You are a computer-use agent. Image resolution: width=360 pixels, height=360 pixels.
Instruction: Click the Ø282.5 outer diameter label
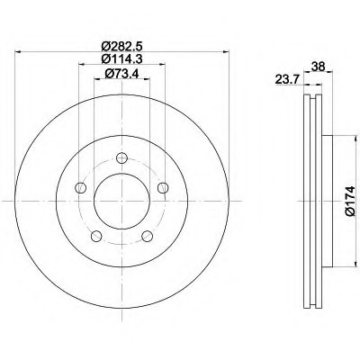pos(121,47)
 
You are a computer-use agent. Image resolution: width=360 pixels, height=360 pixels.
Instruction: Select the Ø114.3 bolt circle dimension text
pos(121,58)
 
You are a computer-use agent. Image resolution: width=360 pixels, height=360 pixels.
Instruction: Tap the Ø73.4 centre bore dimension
pos(121,74)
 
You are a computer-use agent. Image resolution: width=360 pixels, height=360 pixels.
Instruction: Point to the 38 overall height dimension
pos(318,67)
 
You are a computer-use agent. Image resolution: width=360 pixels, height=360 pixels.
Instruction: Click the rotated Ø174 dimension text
pos(350,201)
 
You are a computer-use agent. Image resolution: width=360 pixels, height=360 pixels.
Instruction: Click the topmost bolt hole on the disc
pos(121,157)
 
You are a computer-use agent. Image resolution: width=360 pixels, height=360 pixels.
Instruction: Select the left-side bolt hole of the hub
pos(80,188)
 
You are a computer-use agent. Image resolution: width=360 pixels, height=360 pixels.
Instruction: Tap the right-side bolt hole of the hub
pos(163,188)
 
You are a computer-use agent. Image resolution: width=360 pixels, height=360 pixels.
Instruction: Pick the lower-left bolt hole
pos(96,236)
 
